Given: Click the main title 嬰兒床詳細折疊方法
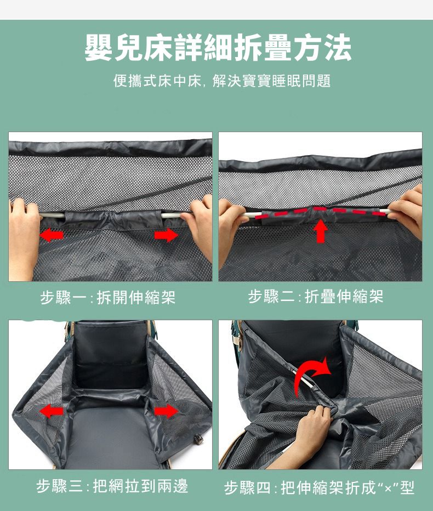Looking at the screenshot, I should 218,48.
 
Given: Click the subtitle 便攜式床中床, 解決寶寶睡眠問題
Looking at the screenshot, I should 221,81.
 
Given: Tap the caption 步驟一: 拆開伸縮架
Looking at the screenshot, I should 108,298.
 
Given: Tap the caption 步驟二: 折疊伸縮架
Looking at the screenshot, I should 315,297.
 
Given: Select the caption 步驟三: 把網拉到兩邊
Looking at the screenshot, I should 112,486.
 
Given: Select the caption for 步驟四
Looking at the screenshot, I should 319,487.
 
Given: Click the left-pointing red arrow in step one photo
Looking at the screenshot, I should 53,235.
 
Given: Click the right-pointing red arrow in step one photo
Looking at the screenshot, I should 167,235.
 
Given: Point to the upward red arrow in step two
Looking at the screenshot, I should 321,231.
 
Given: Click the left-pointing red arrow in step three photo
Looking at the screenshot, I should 52,410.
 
